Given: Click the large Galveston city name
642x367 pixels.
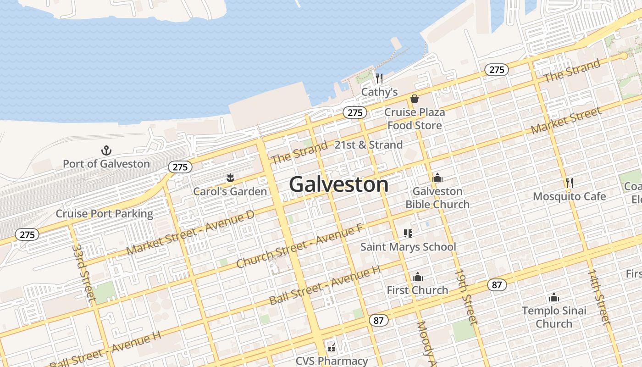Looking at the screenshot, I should tap(339, 184).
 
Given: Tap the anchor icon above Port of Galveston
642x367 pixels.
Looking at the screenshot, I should tap(106, 150).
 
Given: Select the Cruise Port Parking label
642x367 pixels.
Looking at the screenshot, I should tap(105, 214).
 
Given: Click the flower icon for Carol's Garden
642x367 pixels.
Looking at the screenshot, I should tap(230, 178).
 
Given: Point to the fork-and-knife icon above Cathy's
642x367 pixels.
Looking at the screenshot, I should tap(379, 78).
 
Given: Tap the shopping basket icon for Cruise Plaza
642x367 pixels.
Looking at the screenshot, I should tap(415, 99).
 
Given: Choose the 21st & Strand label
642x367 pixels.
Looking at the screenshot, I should tap(369, 145).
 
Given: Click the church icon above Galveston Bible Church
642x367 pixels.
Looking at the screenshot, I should tap(437, 178).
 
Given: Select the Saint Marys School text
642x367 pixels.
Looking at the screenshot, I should tap(408, 247).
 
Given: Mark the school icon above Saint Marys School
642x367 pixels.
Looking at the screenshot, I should tap(408, 234).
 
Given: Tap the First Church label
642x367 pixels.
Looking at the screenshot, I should tap(417, 290).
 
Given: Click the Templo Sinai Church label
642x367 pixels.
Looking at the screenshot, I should tap(554, 317).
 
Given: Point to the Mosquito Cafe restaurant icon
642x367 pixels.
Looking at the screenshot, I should tap(570, 183).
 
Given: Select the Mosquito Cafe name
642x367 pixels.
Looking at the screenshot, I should tap(570, 196).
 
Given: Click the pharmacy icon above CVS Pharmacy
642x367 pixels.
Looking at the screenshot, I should tap(332, 348).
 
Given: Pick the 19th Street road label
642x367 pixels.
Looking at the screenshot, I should tap(466, 297).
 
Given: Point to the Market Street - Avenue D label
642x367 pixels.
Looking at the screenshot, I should tap(190, 234).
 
